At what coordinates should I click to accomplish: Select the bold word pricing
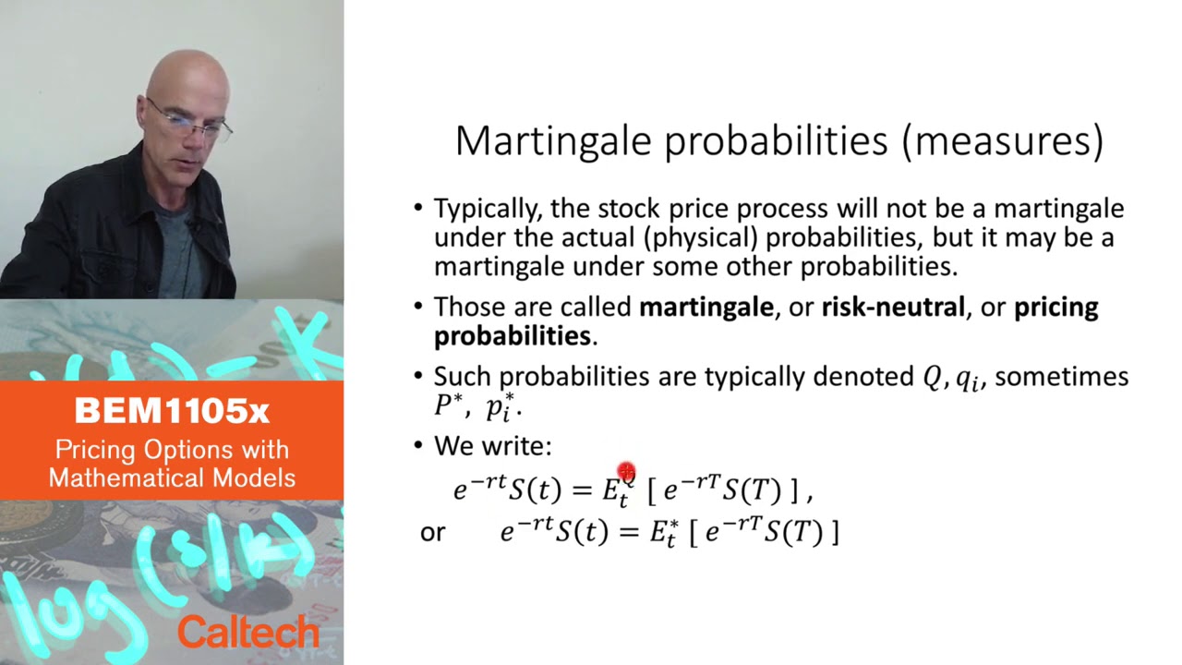point(1055,308)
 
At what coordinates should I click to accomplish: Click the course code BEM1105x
point(172,411)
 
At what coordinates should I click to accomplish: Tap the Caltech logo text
point(247,633)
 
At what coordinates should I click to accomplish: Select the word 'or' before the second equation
point(432,533)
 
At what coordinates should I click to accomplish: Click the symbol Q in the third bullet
point(932,377)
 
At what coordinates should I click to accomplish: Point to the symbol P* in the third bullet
point(451,405)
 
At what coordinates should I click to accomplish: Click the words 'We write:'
point(492,446)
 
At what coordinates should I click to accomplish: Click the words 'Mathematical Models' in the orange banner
point(172,478)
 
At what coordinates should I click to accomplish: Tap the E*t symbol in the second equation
point(663,533)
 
